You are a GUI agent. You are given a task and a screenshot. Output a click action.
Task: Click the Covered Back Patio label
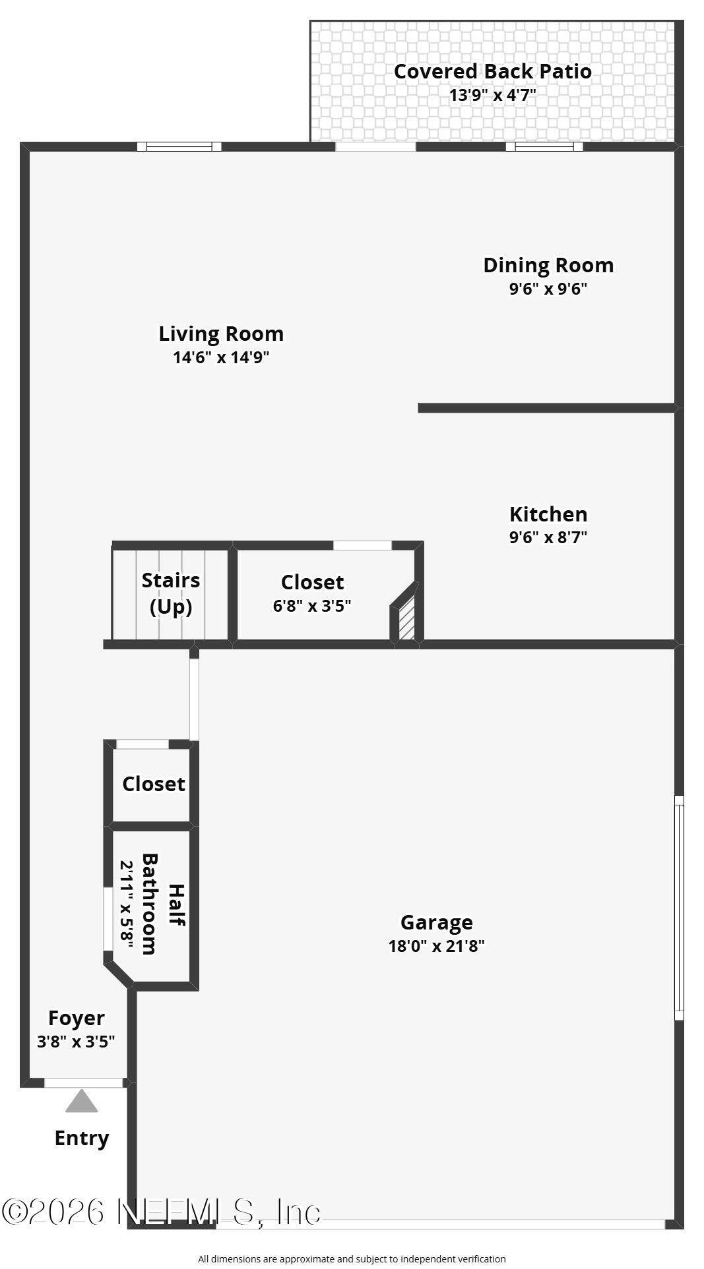(x=492, y=71)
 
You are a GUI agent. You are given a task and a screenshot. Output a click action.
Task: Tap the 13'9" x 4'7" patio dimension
(x=492, y=95)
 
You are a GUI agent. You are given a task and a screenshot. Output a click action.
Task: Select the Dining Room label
(x=548, y=265)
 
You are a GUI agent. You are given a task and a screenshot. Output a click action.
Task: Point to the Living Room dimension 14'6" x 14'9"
(x=221, y=357)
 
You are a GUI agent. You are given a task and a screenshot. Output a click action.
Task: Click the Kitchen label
(x=548, y=514)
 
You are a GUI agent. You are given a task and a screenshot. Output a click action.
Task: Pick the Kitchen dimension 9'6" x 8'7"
(x=548, y=537)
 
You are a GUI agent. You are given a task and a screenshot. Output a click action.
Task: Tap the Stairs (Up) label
(x=171, y=593)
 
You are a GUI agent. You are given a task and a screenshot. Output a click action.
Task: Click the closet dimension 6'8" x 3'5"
(x=312, y=606)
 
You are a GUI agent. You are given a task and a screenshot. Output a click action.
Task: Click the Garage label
(x=437, y=922)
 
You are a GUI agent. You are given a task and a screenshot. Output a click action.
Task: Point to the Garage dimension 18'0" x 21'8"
(x=437, y=946)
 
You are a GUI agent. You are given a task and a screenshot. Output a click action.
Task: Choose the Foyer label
(x=77, y=1018)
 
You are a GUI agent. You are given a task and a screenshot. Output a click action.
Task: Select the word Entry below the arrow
(x=82, y=1139)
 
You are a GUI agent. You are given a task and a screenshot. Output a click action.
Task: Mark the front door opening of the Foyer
(x=84, y=1082)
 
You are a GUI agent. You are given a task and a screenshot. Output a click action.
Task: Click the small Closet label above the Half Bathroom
(x=154, y=784)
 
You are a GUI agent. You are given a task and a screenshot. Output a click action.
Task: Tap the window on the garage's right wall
(x=679, y=908)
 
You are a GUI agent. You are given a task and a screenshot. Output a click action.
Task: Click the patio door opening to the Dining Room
(x=376, y=146)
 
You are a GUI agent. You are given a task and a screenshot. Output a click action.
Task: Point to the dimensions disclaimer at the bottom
(x=352, y=1259)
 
